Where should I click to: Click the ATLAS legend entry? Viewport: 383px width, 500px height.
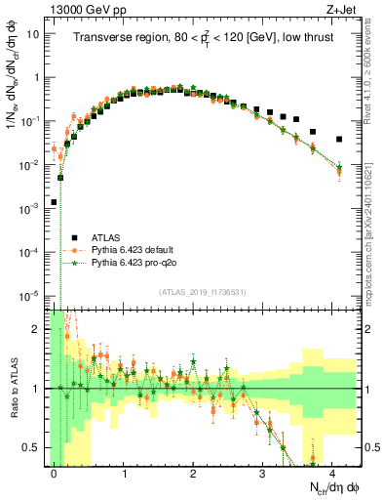tap(101, 237)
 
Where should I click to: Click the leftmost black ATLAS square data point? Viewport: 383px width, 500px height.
tap(54, 202)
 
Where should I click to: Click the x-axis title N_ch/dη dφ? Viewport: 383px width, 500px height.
tap(331, 487)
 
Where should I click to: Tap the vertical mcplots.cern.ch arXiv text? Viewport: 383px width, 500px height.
tap(373, 195)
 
